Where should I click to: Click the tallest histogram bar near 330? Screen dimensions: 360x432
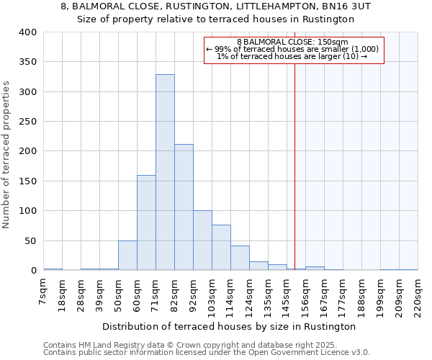pos(165,173)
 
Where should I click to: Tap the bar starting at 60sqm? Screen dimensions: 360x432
pos(146,223)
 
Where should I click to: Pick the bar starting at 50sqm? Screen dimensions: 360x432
pos(127,256)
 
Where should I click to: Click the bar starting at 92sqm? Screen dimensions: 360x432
pos(202,240)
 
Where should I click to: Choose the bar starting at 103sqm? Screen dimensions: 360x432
pos(221,248)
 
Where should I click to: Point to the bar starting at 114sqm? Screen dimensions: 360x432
pos(240,258)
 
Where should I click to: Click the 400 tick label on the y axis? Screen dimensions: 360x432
pos(27,32)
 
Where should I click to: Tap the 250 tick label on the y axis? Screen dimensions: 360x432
pos(27,122)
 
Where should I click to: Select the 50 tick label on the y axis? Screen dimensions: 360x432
pos(30,240)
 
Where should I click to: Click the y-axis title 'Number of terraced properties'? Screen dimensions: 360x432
pos(7,155)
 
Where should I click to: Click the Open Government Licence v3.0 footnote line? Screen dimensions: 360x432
pos(207,352)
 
